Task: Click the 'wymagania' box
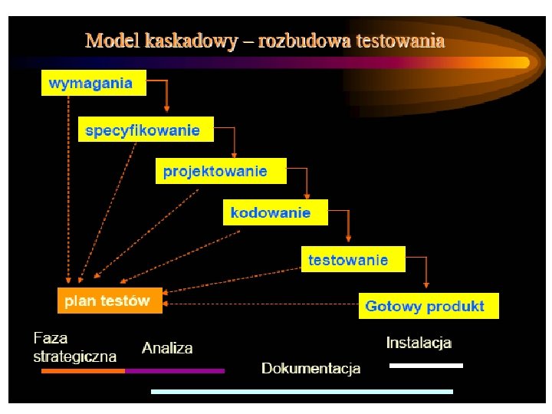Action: click(93, 84)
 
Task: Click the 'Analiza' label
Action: click(167, 348)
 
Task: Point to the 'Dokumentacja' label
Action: click(310, 369)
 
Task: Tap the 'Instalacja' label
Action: click(419, 343)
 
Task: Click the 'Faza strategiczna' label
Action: click(74, 347)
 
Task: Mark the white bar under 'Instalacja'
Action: click(426, 366)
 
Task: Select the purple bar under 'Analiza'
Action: click(175, 371)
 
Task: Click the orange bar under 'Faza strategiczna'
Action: click(83, 371)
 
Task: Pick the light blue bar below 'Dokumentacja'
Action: click(302, 392)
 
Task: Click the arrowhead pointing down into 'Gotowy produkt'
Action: click(426, 287)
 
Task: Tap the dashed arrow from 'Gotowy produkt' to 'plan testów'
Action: click(261, 304)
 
